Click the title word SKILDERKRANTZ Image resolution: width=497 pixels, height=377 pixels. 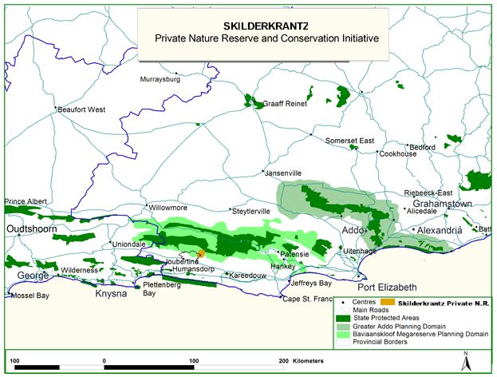(x=262, y=24)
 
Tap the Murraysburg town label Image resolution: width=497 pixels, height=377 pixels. (x=161, y=80)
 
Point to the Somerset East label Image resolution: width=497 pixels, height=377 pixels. (x=349, y=141)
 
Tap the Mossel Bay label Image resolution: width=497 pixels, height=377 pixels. (x=30, y=296)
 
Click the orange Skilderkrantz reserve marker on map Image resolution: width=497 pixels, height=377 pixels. (x=200, y=253)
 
